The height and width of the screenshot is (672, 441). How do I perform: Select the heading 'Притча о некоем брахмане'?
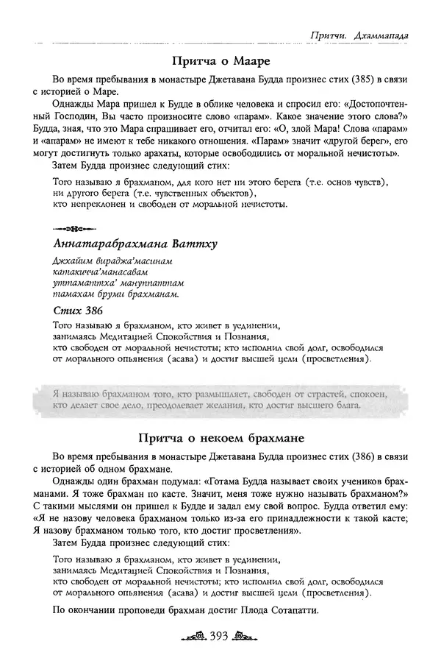pos(220,437)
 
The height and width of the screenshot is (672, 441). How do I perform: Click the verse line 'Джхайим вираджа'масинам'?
pos(105,262)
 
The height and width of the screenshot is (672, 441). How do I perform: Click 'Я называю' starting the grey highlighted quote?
pos(76,395)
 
